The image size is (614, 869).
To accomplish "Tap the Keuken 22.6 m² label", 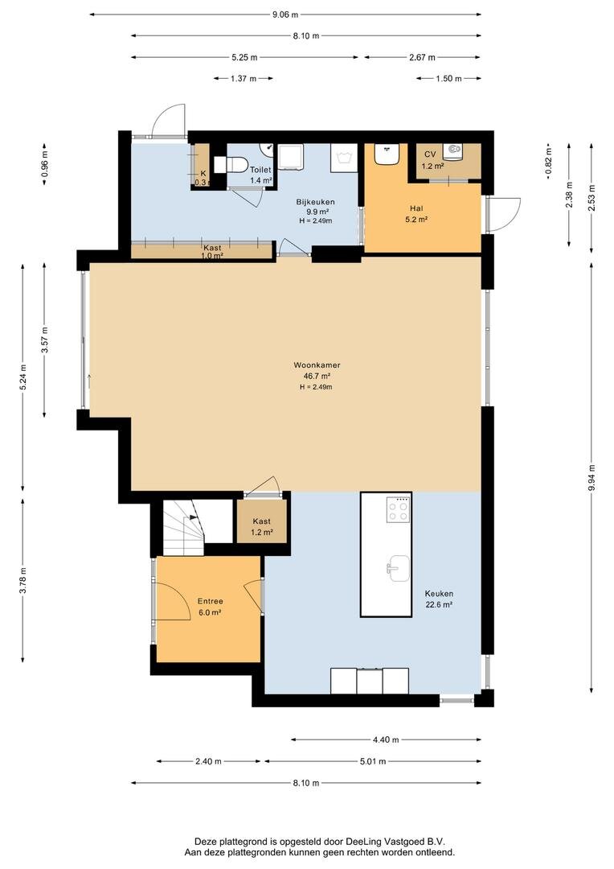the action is tap(439, 599).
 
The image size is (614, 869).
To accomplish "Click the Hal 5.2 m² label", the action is tap(416, 213).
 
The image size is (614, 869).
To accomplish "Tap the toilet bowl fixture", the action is tap(232, 165).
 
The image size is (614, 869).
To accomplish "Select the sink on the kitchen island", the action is tap(398, 568).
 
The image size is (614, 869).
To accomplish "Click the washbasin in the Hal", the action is tap(387, 154).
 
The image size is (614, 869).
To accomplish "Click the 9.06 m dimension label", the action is tap(285, 14).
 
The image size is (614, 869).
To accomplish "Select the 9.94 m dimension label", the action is tap(591, 478).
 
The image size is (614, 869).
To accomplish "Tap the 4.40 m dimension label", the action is tap(386, 739).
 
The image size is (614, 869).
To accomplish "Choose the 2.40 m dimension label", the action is tap(208, 761).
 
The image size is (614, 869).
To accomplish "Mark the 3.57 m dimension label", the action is tap(44, 340).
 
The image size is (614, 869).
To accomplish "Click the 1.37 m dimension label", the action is tap(244, 79).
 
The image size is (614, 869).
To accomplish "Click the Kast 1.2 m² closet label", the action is tap(262, 526).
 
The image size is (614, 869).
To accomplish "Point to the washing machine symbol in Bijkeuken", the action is tap(345, 158).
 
